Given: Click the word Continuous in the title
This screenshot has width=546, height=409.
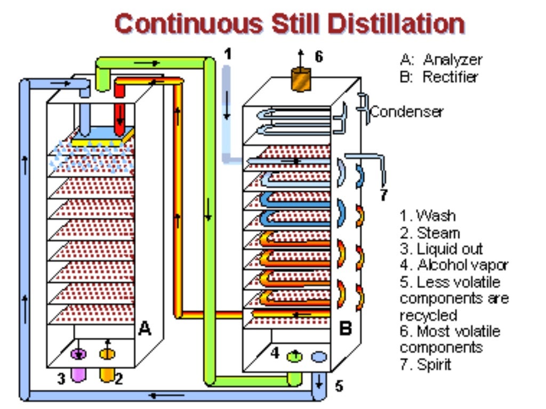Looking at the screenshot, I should (x=188, y=24).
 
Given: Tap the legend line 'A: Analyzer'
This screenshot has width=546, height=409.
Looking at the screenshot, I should (x=440, y=60).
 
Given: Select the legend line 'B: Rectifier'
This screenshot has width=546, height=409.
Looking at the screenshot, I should (x=439, y=77).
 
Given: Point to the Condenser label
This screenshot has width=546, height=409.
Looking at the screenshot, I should (x=407, y=112).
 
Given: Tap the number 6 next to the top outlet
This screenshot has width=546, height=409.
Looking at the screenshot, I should (x=318, y=56).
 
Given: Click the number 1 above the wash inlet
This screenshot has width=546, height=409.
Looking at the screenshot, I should (x=228, y=54).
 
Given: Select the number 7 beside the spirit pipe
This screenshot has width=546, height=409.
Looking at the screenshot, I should (x=383, y=195).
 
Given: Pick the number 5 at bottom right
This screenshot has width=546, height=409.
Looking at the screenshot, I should (x=339, y=386).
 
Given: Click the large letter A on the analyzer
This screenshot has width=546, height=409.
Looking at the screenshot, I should (x=144, y=329).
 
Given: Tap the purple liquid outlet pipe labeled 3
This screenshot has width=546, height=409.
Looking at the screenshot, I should (x=78, y=374).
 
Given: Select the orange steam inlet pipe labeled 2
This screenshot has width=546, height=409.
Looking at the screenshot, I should (x=107, y=374).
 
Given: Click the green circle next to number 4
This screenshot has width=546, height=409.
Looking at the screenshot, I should (x=293, y=356).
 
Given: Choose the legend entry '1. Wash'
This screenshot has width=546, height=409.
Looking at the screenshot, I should (x=428, y=216).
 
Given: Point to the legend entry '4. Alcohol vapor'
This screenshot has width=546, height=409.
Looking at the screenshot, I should (x=454, y=265).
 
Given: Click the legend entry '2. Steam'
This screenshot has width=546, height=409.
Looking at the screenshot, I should (x=430, y=233).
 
